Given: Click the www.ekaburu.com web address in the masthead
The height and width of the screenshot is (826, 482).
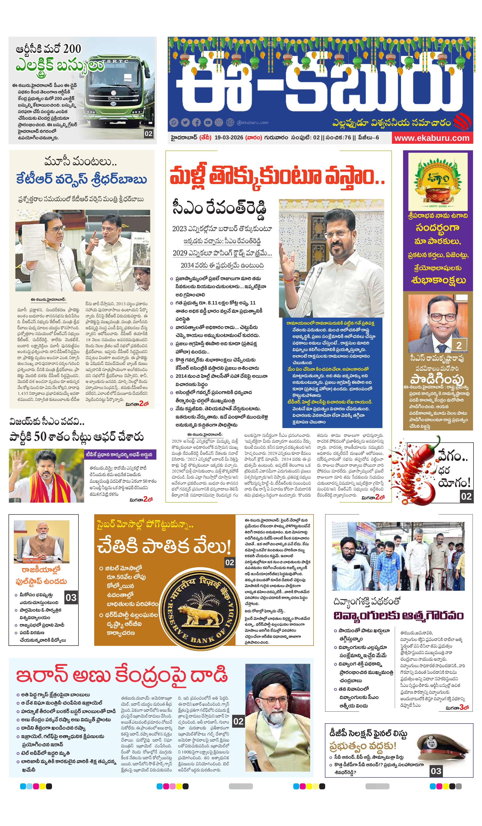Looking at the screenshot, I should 431,138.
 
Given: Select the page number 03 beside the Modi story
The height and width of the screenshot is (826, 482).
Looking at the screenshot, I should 71,598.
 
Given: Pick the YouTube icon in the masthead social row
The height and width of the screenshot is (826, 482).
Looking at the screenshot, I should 208,123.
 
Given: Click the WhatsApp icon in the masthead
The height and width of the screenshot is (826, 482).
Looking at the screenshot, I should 174,123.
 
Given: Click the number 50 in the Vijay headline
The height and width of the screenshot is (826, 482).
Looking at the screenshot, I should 40,437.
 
